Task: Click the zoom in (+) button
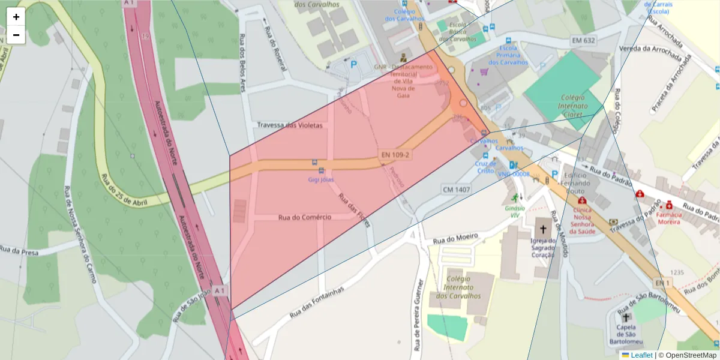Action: point(16,17)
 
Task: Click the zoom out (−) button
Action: point(16,35)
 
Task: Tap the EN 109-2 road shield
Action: point(394,155)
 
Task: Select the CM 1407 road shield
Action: point(456,189)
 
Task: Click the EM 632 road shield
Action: point(583,40)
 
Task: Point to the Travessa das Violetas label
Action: point(290,125)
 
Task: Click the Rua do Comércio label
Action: point(305,217)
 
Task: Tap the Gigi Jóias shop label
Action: point(321,179)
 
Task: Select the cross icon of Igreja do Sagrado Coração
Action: point(544,229)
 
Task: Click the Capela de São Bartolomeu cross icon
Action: point(626,317)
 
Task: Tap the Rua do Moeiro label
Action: point(456,238)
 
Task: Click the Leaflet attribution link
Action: point(641,355)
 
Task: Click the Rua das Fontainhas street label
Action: point(316,302)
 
